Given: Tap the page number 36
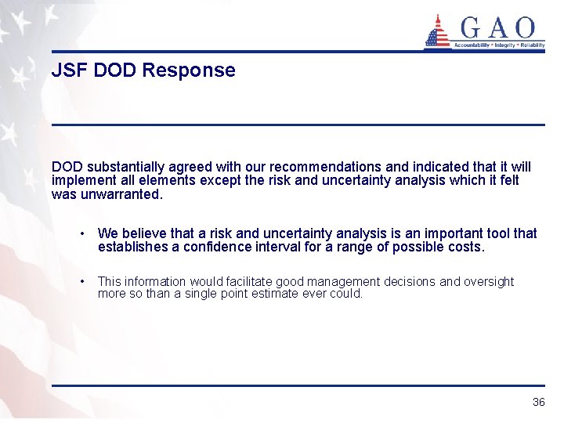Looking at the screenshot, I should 538,402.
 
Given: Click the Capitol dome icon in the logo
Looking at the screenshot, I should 438,31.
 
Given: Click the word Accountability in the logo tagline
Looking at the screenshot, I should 472,45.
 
